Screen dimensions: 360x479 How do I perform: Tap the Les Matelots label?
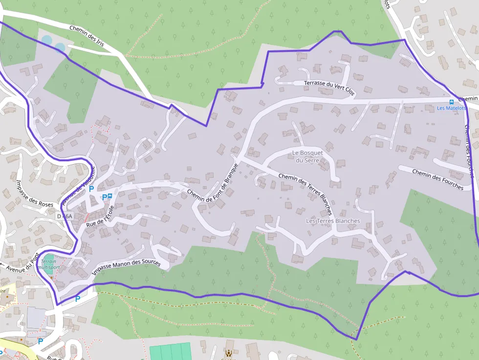coord(451,108)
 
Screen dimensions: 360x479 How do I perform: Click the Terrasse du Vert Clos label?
coord(329,86)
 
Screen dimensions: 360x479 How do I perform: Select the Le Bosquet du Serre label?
coord(307,156)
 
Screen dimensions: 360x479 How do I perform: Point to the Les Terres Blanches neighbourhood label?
coord(332,221)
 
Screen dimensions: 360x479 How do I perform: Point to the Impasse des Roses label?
coord(34,194)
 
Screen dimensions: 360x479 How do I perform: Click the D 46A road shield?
coord(64,216)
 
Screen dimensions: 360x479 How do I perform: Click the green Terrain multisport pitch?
coord(49,257)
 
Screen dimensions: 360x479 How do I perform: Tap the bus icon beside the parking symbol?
coord(109,196)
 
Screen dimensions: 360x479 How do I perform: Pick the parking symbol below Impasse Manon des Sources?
coord(77,298)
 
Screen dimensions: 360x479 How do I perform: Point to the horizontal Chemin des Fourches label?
coord(437,179)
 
